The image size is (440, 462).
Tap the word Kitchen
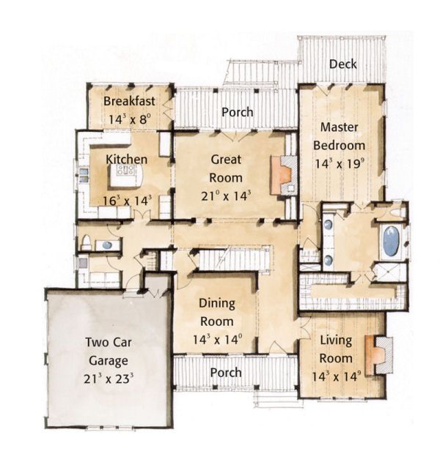coord(126,159)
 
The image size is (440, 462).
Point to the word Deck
coord(342,64)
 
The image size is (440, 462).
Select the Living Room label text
coord(336,349)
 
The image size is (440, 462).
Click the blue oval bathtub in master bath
coord(392,240)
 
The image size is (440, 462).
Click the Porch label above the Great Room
coord(237,112)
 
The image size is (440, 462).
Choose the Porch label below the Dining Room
coord(225,373)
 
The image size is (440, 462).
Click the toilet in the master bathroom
coord(395,213)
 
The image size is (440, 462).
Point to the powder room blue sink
coord(106,245)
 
